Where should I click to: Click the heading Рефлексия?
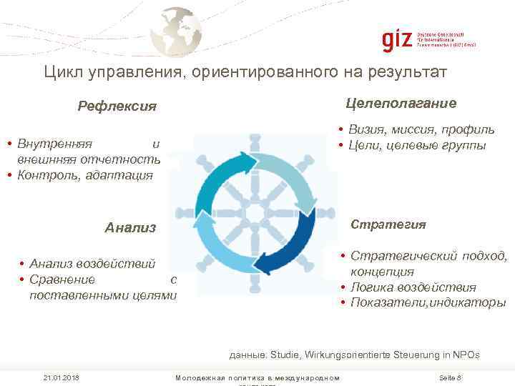(x=117, y=107)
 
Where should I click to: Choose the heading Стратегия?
(x=388, y=224)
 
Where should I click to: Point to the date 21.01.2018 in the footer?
(x=60, y=377)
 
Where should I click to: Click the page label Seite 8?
(x=448, y=377)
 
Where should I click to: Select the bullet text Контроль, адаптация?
(x=85, y=174)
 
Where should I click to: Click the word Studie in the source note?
(x=286, y=354)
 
